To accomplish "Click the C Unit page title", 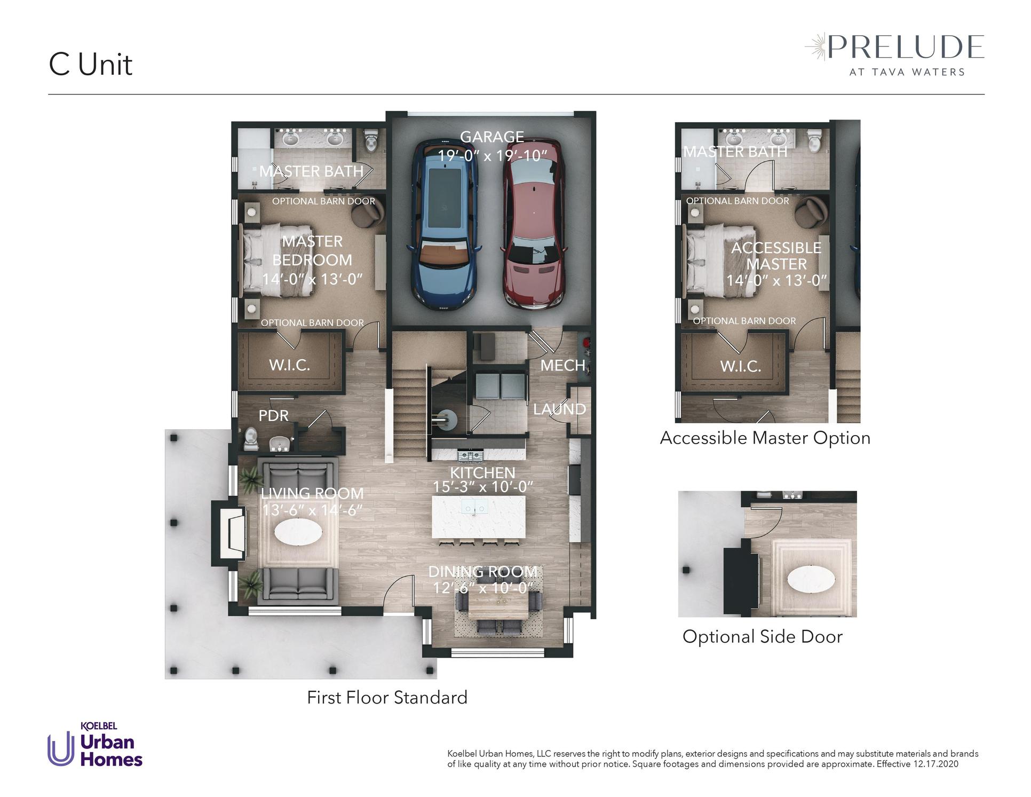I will pyautogui.click(x=91, y=65).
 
